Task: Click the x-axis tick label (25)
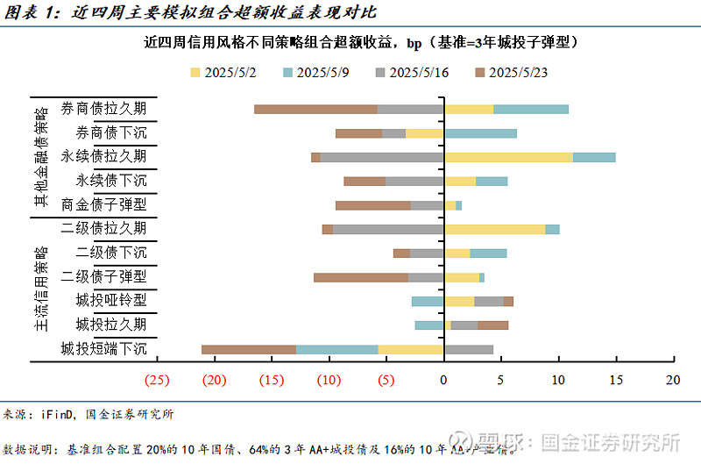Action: pos(157,380)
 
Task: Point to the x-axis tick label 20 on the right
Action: pos(673,380)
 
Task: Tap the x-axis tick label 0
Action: pos(444,380)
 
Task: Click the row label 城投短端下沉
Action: pos(103,349)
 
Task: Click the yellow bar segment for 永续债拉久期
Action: pos(508,157)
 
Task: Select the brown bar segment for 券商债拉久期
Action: pos(315,110)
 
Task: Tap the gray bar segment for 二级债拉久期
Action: pos(388,229)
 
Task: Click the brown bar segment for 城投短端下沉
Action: pos(249,349)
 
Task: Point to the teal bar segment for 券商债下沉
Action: pos(480,133)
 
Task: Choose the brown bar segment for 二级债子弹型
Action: pos(360,277)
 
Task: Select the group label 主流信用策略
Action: pos(39,289)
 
